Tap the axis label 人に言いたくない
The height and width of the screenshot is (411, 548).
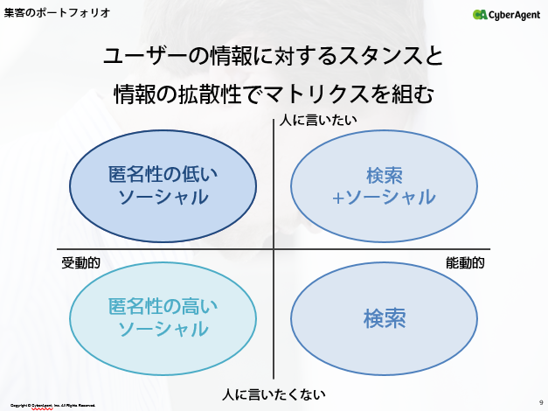[274, 394]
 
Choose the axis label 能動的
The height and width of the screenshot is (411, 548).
[465, 262]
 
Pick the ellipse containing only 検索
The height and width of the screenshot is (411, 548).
[385, 317]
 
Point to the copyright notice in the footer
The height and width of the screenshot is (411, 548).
[52, 406]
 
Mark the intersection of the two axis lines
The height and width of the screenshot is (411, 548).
[274, 250]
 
